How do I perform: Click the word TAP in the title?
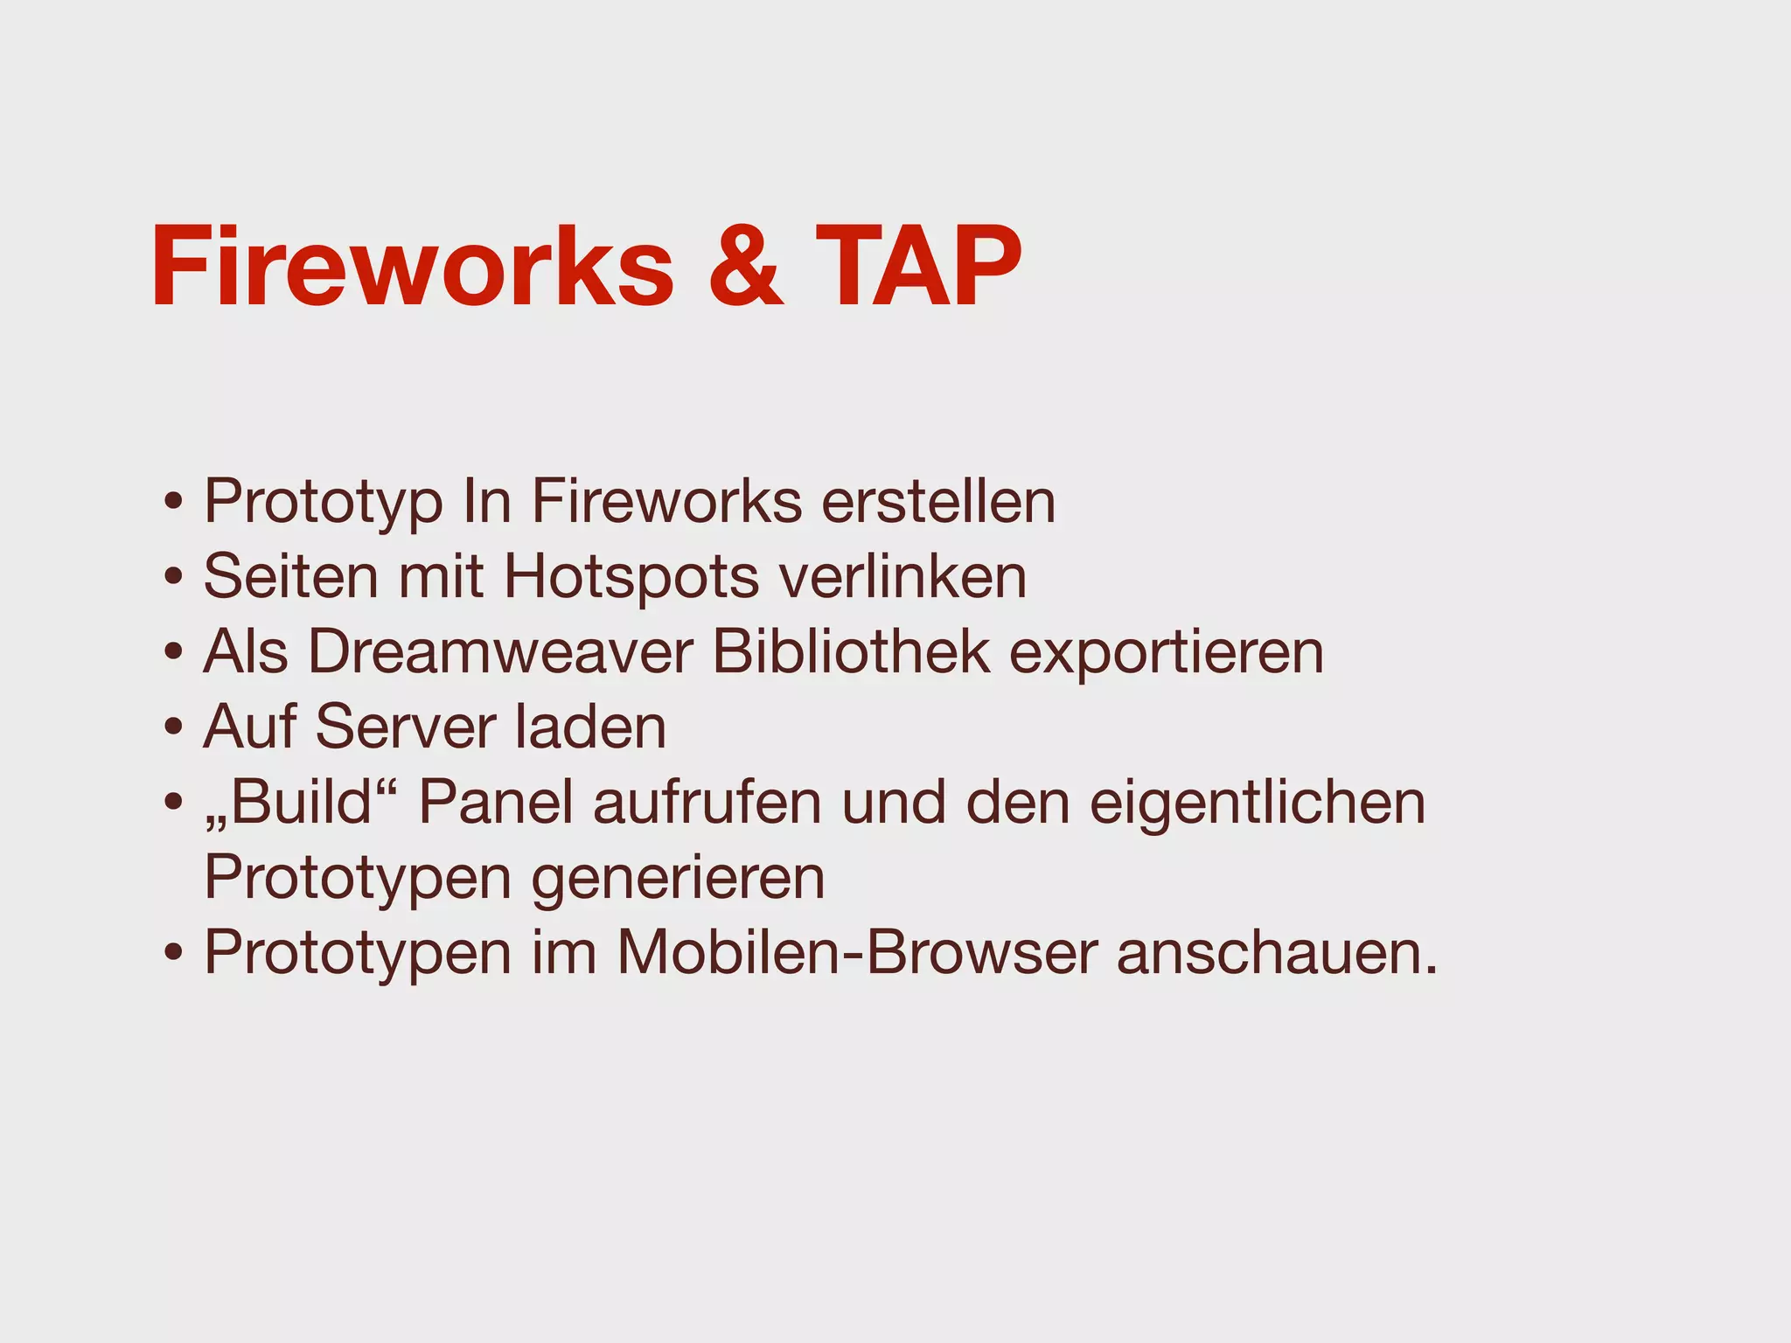(918, 267)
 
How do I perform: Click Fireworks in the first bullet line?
(666, 502)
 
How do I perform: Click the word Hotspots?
(631, 577)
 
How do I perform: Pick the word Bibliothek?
(852, 652)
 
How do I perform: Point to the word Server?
(405, 727)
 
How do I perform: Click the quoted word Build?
(302, 802)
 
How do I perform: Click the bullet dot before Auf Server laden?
(174, 727)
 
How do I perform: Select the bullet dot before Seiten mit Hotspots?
(174, 577)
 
